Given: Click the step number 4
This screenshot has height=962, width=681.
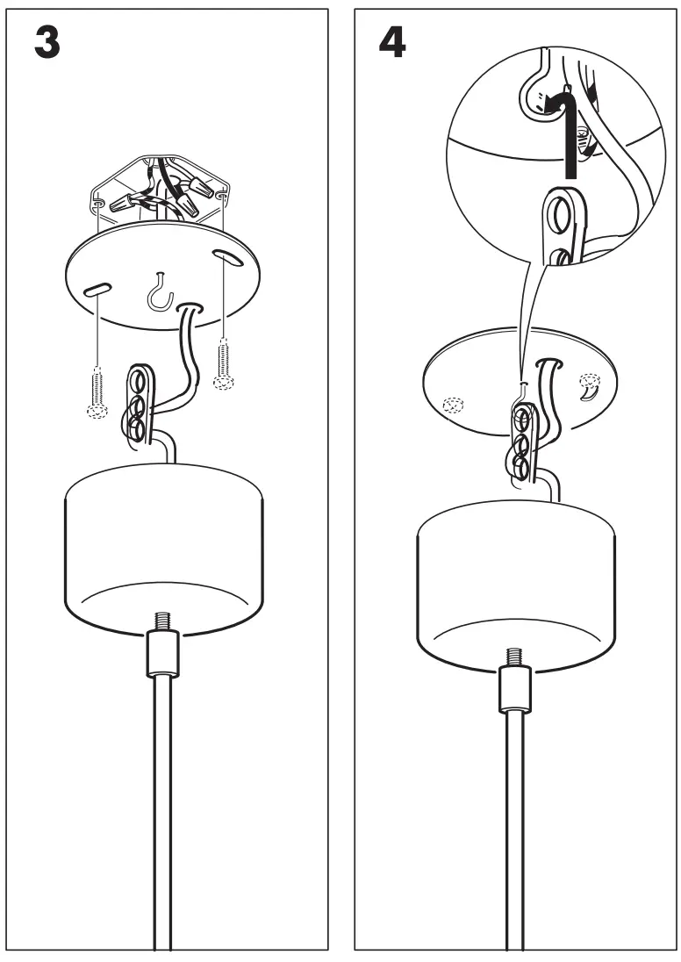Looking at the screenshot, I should pos(391,42).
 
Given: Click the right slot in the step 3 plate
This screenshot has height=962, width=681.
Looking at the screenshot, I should pos(227,258).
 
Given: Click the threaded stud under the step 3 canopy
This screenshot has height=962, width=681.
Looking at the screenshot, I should pos(162,621).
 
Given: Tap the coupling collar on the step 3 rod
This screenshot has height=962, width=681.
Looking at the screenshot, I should pos(162,654).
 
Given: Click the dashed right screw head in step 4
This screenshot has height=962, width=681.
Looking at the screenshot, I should pos(589,383).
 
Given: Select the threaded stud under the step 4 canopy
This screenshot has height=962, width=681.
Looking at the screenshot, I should pos(513,656).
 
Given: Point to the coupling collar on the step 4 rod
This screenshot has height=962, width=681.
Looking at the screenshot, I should pos(513,688).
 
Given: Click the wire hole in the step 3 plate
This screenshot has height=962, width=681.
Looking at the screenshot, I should pos(190,308).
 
